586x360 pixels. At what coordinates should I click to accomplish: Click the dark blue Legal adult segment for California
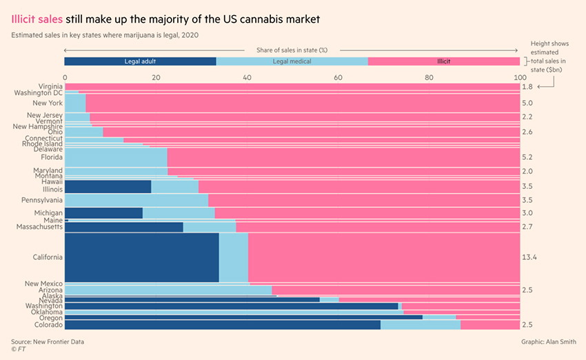(x=141, y=257)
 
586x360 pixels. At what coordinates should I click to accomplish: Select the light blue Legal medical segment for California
(x=233, y=257)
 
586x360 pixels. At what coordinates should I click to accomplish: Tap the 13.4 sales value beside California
(x=530, y=257)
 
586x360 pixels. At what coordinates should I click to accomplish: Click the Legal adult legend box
(x=140, y=61)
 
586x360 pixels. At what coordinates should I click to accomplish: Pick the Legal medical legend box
(x=292, y=61)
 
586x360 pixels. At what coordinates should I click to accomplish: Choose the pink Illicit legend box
(x=443, y=61)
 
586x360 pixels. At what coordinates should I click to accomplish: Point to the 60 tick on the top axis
(x=338, y=78)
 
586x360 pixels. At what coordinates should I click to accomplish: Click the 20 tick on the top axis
(x=156, y=78)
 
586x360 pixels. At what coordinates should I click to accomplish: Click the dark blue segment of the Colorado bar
(x=222, y=325)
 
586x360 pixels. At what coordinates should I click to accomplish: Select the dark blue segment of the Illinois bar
(x=108, y=186)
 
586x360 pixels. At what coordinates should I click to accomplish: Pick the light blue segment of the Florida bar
(x=116, y=157)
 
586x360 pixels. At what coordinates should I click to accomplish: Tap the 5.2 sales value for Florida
(x=527, y=157)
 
